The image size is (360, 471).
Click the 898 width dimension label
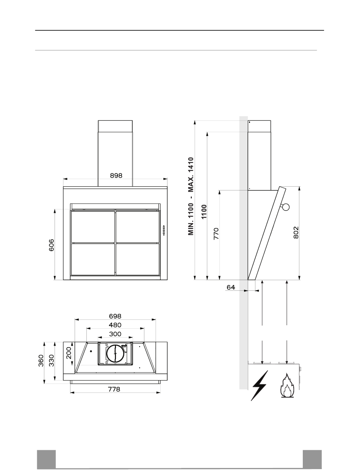(x=116, y=176)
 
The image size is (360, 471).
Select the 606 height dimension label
(x=52, y=245)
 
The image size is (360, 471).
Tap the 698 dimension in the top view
(x=115, y=316)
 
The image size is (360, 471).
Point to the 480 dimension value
(x=115, y=325)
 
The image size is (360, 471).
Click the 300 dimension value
(x=115, y=334)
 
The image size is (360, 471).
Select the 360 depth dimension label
(x=41, y=361)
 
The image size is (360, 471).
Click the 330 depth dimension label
(x=52, y=361)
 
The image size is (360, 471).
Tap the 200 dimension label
(x=69, y=353)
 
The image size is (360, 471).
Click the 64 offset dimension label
(x=231, y=287)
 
